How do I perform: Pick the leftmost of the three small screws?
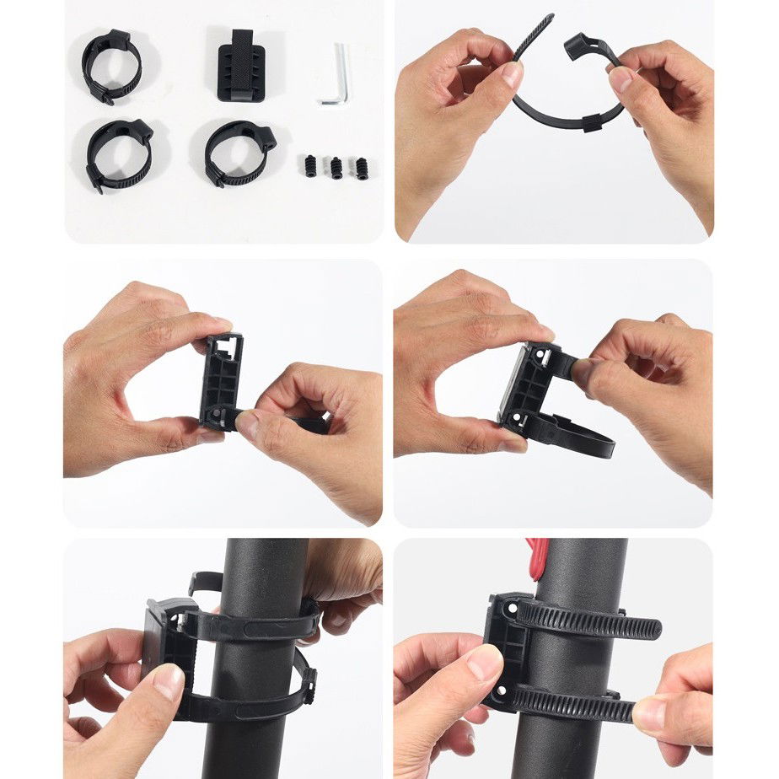click(309, 165)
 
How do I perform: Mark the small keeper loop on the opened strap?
click(589, 126)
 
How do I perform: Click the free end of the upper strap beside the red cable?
click(649, 628)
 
